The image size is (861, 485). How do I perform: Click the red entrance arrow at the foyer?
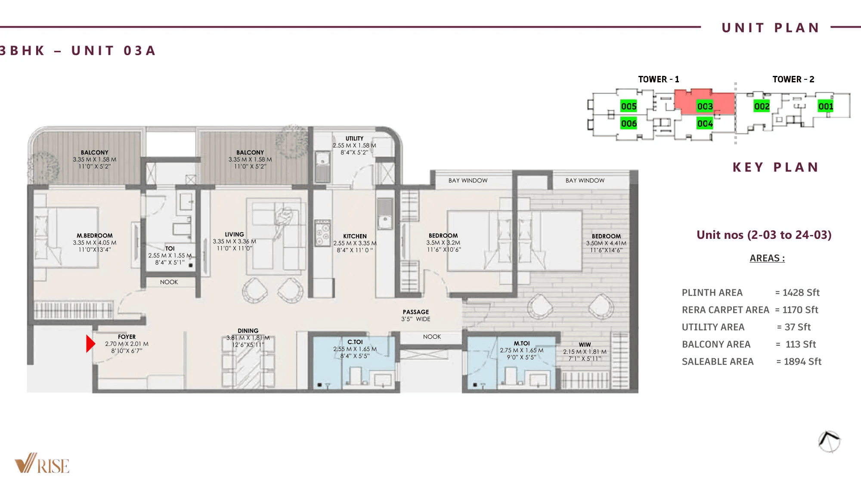pyautogui.click(x=90, y=344)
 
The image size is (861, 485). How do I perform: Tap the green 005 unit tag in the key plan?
pyautogui.click(x=629, y=106)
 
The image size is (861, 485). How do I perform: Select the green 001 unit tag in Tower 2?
pyautogui.click(x=825, y=106)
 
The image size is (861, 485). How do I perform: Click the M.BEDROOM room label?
pyautogui.click(x=95, y=236)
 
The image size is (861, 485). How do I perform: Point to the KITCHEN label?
pyautogui.click(x=355, y=236)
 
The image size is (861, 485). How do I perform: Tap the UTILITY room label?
pyautogui.click(x=354, y=138)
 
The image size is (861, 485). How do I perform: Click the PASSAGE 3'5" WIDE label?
pyautogui.click(x=415, y=315)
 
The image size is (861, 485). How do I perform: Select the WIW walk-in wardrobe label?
pyautogui.click(x=585, y=344)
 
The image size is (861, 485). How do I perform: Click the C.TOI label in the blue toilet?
pyautogui.click(x=355, y=342)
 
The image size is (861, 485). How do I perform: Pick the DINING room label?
pyautogui.click(x=248, y=331)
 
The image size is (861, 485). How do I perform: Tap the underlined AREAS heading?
pyautogui.click(x=767, y=258)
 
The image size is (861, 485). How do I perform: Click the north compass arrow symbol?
pyautogui.click(x=829, y=441)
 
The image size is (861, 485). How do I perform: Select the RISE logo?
pyautogui.click(x=42, y=464)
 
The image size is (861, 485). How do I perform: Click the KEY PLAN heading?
pyautogui.click(x=775, y=167)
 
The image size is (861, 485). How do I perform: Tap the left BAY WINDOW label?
pyautogui.click(x=468, y=181)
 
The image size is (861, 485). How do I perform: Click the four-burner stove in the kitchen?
pyautogui.click(x=322, y=233)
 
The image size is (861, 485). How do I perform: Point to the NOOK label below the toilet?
pyautogui.click(x=169, y=282)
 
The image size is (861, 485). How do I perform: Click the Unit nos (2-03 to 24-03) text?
pyautogui.click(x=764, y=235)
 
